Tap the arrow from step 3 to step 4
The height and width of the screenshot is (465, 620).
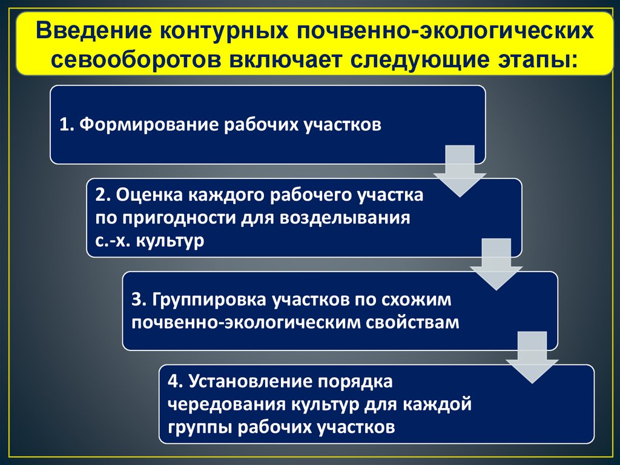pos(532,358)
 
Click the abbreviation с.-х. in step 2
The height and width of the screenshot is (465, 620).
pos(113,240)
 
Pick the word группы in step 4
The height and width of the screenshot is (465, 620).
pos(197,426)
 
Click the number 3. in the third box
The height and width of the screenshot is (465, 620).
pos(137,300)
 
